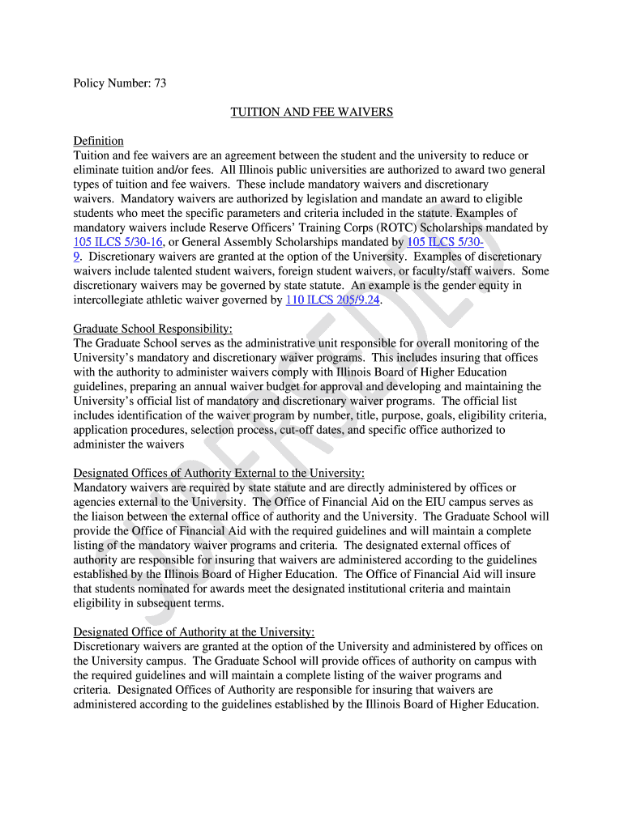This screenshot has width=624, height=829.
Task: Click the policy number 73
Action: [x=160, y=83]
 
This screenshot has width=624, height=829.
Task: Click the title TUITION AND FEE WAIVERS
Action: [x=311, y=112]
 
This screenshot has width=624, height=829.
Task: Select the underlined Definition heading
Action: [x=98, y=141]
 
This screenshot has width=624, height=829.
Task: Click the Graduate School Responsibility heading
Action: [x=152, y=329]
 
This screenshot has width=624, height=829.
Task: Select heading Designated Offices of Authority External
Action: [x=219, y=474]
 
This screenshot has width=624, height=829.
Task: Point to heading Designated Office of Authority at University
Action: [x=194, y=632]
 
